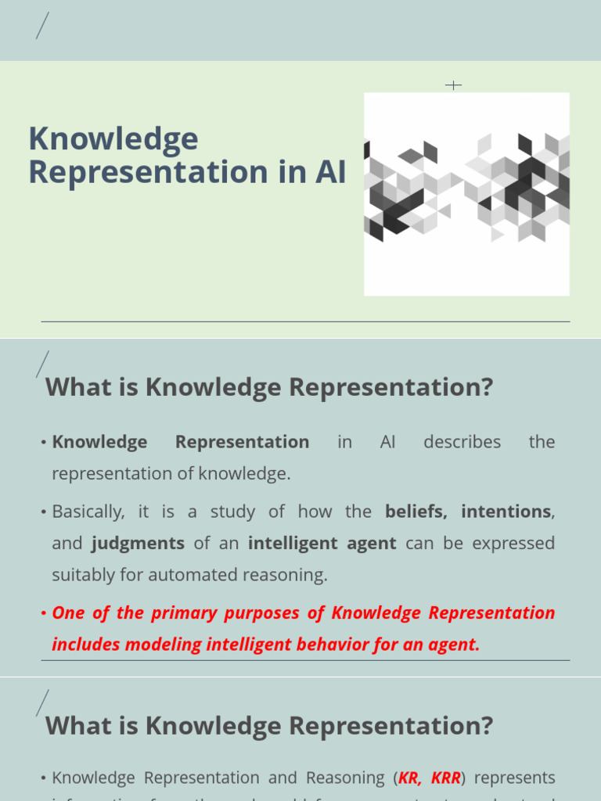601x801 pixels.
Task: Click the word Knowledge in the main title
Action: pos(113,140)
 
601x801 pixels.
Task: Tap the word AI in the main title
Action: pos(330,173)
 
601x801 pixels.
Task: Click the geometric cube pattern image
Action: pos(466,193)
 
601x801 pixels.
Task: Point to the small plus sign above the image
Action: pos(453,84)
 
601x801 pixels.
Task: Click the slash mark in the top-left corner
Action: pos(42,27)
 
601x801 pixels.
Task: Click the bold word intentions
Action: pos(506,512)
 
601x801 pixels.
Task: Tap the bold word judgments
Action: pos(138,543)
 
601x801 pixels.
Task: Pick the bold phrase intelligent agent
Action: pos(322,543)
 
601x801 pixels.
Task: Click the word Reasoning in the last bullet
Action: pos(346,778)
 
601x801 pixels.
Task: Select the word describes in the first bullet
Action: pos(462,442)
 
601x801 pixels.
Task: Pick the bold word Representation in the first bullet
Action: pos(242,442)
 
